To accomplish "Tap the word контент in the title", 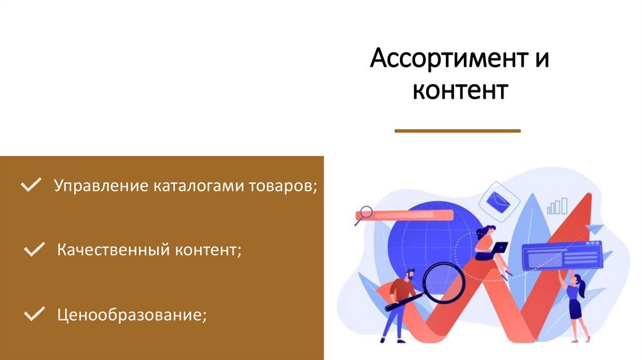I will coord(460,90).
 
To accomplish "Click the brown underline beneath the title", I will coord(458,130).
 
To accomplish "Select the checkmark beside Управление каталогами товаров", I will coord(31,186).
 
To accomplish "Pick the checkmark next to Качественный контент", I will coord(33,251).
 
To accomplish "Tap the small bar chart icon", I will coord(557,206).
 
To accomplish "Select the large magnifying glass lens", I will coord(442,280).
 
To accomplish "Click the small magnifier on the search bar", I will coord(364,213).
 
